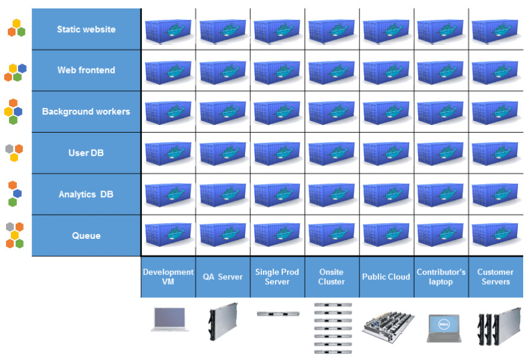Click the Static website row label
[86, 30]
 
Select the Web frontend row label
[86, 70]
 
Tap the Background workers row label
[86, 112]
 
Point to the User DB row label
[86, 153]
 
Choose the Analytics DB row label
[86, 194]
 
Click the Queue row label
[86, 236]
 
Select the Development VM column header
[168, 277]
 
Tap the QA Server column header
[223, 277]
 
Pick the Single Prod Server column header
[278, 277]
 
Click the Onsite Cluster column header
[331, 277]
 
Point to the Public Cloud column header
[386, 277]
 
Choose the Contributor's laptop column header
[441, 277]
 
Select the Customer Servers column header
[495, 277]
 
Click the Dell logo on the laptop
[444, 324]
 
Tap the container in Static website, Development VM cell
[168, 31]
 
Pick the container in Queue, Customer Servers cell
[495, 235]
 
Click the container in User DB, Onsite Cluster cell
[331, 153]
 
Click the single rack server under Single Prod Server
[278, 314]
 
